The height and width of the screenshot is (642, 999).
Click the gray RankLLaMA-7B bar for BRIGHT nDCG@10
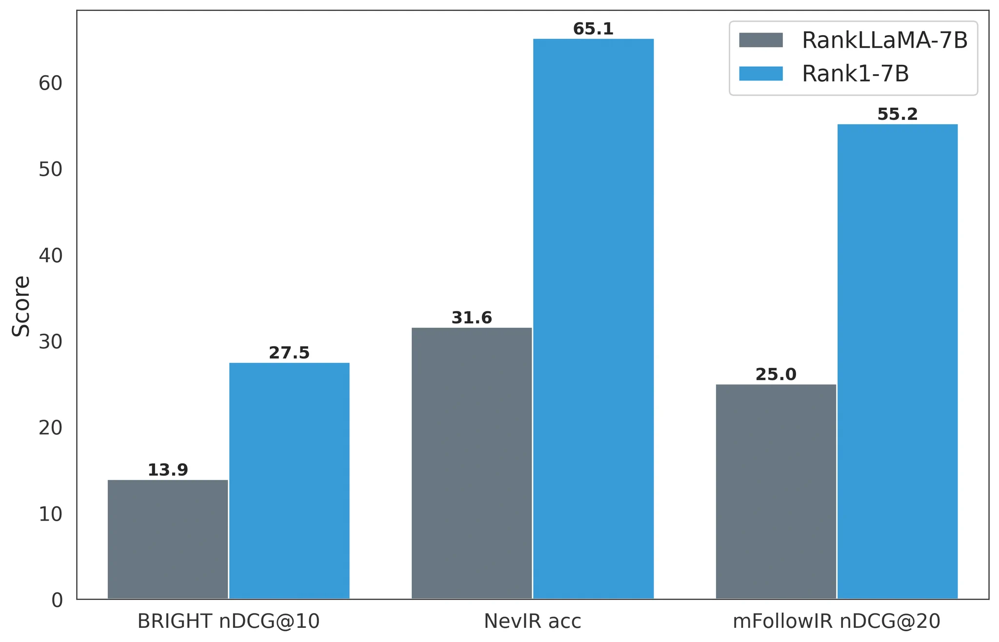168,539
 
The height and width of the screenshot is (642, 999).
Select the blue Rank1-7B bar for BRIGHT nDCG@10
289,481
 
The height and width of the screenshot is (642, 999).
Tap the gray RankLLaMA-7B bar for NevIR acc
472,463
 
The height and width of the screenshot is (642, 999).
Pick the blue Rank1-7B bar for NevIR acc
593,319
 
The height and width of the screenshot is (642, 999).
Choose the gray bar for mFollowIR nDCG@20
776,491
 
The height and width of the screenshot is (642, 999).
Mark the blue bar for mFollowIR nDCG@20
898,361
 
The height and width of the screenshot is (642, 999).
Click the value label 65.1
593,29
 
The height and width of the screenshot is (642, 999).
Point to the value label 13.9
168,470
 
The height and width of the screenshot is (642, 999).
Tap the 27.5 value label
289,353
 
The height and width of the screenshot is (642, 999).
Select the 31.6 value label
472,318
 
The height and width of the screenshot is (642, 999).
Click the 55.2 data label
898,115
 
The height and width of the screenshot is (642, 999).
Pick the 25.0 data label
776,375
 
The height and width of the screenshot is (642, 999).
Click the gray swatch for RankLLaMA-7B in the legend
761,40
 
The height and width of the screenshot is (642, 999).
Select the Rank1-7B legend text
856,74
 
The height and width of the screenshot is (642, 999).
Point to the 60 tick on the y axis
51,83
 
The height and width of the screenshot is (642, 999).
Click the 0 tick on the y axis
57,600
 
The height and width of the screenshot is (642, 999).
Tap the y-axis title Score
21,306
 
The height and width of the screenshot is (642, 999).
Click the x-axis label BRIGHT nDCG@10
228,622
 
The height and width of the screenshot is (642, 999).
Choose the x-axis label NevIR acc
533,622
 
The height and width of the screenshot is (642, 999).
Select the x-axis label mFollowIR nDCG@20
837,622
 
